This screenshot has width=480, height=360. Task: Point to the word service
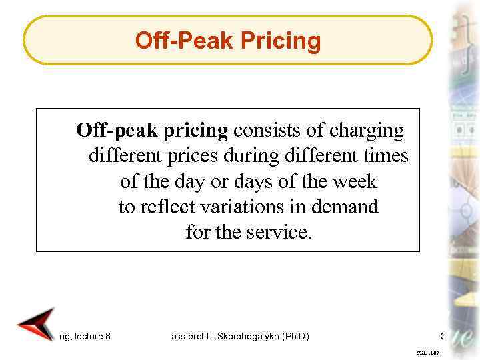point(281,233)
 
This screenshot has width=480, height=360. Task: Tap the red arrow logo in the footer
point(37,324)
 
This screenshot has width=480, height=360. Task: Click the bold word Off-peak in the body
point(114,130)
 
